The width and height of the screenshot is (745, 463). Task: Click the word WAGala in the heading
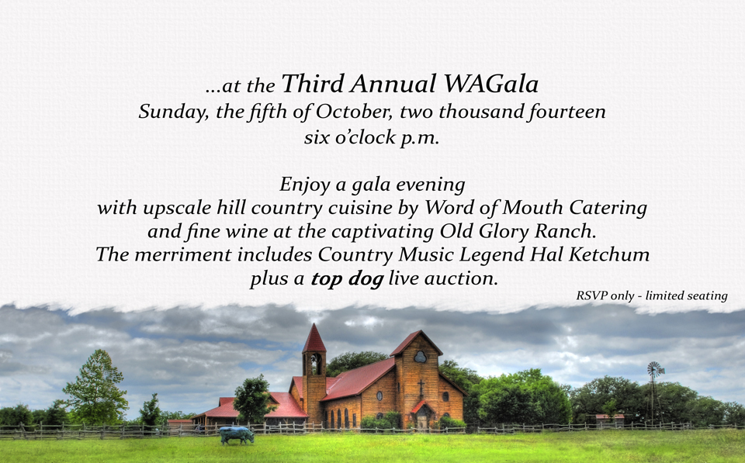coord(491,84)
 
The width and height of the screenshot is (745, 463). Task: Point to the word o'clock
coord(366,137)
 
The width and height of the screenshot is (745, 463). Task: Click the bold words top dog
coord(348,278)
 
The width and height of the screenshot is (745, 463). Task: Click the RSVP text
coord(591,295)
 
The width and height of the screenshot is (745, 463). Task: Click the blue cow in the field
coord(236,435)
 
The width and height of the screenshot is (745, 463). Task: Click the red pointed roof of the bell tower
coord(314,339)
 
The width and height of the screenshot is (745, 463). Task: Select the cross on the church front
coord(421,388)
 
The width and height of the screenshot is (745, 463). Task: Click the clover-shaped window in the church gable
coord(420,357)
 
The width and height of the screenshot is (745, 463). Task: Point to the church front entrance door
coord(421,421)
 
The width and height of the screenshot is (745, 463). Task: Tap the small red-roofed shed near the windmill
coord(610,420)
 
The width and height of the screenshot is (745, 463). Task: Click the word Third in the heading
coord(312,84)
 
